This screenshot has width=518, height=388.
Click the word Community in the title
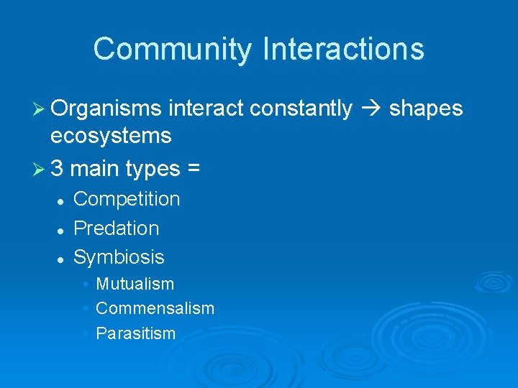point(173,50)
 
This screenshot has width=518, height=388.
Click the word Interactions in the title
point(343,50)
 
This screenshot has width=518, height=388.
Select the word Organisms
point(106,108)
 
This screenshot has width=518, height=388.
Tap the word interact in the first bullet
point(207,108)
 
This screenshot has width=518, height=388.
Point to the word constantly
point(302,108)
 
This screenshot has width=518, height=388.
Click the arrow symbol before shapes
point(371,108)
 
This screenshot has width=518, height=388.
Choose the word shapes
point(426,108)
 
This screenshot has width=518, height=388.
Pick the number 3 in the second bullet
point(58,169)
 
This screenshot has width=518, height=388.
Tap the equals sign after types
point(194,170)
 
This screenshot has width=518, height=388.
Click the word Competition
point(127,199)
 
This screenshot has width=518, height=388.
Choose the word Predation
point(116,228)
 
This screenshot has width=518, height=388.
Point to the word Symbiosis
point(119,257)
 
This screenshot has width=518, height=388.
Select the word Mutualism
point(135,284)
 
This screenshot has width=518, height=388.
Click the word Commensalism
point(155,308)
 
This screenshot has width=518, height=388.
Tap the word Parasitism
point(135,333)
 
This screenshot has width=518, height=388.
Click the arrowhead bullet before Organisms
point(38,109)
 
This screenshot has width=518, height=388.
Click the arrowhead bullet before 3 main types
point(38,170)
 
